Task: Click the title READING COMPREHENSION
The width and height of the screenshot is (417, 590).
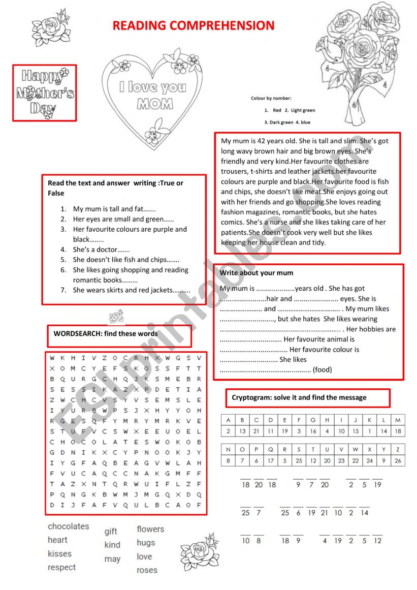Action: (193, 26)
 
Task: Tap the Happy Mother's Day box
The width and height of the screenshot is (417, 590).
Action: (45, 92)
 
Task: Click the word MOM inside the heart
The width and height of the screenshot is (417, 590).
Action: (155, 104)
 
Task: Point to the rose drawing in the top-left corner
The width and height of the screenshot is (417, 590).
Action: (51, 28)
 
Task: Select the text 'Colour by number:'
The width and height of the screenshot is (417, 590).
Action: (271, 98)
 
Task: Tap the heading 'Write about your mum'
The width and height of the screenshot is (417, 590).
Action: (256, 273)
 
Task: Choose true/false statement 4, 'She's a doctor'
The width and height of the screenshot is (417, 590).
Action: (101, 250)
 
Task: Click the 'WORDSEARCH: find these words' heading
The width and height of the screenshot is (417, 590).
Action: (106, 334)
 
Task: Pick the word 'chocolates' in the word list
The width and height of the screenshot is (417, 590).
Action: (68, 526)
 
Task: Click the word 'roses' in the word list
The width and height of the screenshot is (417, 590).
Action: (147, 570)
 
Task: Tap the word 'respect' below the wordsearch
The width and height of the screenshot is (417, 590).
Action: (61, 567)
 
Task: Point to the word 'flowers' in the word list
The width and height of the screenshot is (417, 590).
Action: (150, 529)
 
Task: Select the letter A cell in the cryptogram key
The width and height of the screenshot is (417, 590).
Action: (228, 420)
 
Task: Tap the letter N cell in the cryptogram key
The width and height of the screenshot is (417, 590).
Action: (228, 450)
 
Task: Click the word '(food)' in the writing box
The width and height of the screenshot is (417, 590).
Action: (322, 369)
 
